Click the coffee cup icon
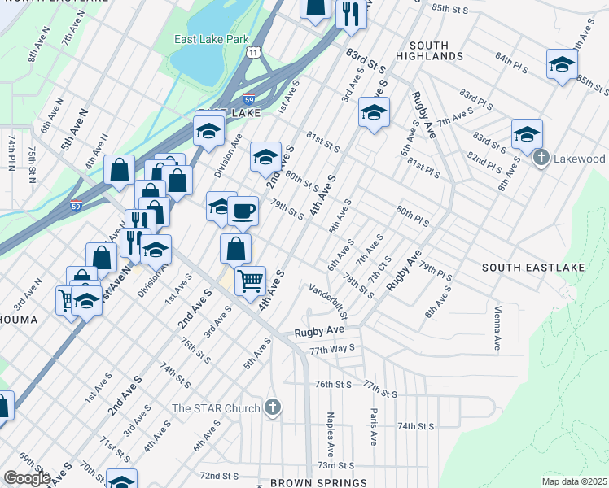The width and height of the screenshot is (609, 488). (243, 212)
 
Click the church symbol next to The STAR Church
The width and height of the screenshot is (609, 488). (273, 408)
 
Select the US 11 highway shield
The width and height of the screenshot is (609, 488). (255, 53)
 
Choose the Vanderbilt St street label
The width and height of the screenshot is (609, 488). (329, 301)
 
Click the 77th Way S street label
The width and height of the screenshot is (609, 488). (331, 349)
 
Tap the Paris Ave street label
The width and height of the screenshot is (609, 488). (374, 427)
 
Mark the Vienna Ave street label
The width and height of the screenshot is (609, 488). (496, 329)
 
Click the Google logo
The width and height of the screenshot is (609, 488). (27, 478)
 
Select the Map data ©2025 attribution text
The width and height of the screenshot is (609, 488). (574, 481)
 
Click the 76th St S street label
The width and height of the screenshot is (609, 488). (332, 384)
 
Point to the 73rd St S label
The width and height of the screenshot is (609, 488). (336, 465)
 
